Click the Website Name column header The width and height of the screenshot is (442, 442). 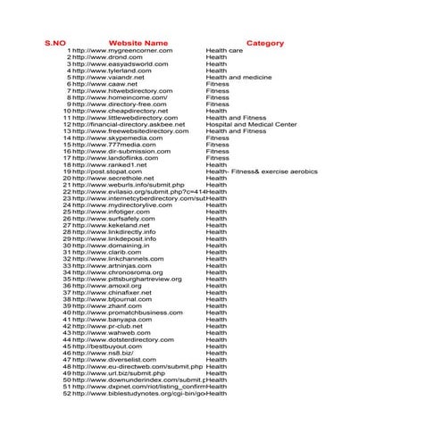tap(138, 43)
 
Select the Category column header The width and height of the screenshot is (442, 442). tap(265, 43)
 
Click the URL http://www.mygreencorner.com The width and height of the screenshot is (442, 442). tap(122, 51)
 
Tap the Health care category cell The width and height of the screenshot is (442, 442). tap(224, 51)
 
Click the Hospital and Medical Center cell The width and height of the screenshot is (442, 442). tap(251, 125)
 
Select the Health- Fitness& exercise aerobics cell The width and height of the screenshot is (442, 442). tap(261, 171)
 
